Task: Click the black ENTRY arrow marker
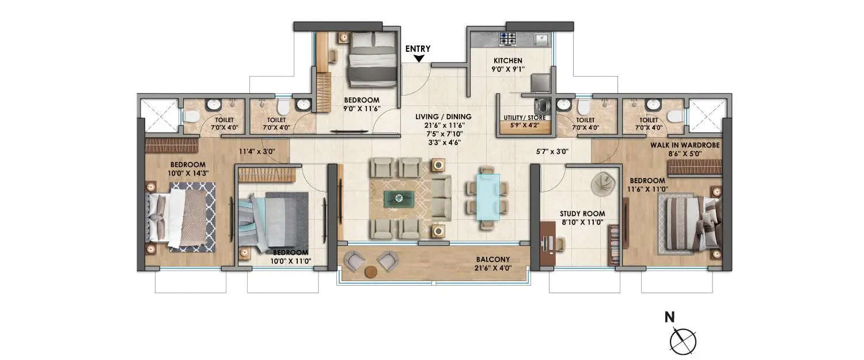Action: (x=418, y=58)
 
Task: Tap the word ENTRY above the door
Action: (x=418, y=49)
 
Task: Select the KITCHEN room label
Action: (x=507, y=60)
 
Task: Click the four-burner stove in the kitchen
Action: (x=507, y=39)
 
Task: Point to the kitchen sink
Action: (x=541, y=39)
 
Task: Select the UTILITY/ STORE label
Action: (x=524, y=118)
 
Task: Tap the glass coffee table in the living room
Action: (x=399, y=199)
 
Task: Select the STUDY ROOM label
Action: (x=582, y=214)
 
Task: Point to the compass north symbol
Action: (x=683, y=340)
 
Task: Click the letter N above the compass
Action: (x=669, y=317)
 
